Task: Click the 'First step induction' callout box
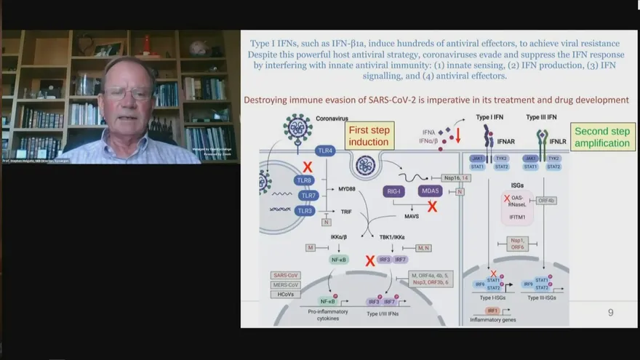point(369,135)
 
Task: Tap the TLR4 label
point(325,151)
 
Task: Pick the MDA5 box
point(430,191)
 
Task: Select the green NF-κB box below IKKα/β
point(338,259)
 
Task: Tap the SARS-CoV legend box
point(285,276)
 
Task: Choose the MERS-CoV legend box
point(285,285)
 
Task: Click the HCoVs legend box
point(285,295)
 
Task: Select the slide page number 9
point(610,313)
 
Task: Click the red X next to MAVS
point(432,207)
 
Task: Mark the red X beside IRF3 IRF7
point(370,260)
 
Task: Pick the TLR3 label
point(305,211)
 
